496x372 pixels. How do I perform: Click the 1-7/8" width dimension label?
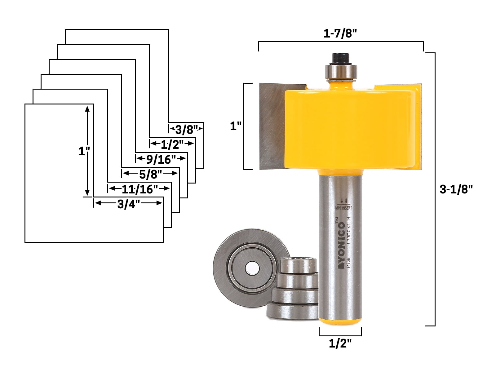point(341,33)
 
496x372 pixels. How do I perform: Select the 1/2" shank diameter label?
point(340,343)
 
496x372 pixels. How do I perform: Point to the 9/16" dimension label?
point(161,160)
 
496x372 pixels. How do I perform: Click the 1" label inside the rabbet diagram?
point(84,152)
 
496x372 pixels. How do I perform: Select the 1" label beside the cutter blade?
point(236,126)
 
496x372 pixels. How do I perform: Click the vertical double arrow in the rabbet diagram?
point(87,150)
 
